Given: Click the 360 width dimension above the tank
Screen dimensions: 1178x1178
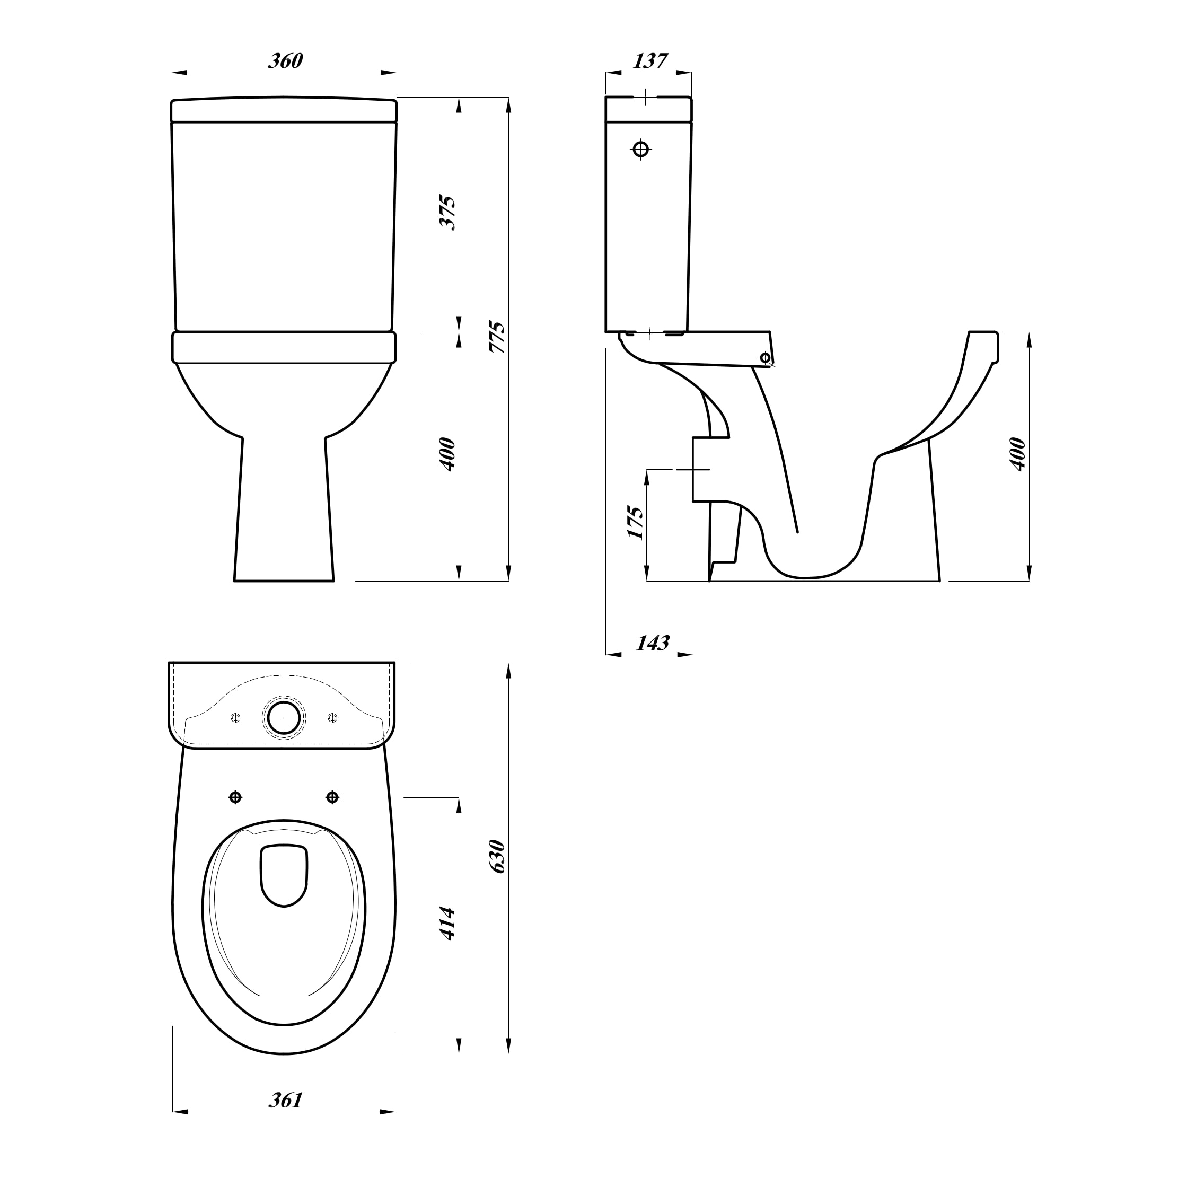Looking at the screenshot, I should tap(285, 61).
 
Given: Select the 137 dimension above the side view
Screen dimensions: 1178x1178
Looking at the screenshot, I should tap(650, 61).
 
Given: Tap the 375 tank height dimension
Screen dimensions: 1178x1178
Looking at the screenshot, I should tap(448, 212).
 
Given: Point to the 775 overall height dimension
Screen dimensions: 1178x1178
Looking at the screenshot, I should tap(497, 337).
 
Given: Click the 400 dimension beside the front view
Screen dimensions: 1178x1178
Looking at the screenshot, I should tap(448, 454).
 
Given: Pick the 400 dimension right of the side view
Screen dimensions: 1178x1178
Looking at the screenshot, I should tap(1018, 454).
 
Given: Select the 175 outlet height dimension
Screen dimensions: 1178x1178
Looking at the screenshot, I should tap(635, 522).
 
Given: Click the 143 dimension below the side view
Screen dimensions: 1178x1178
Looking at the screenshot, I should tap(653, 643).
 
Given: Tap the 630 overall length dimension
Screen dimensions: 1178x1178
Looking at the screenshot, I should tap(497, 857).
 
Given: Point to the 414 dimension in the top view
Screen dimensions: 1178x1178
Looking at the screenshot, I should tap(448, 924).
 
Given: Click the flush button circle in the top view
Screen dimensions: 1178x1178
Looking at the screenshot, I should tap(284, 718).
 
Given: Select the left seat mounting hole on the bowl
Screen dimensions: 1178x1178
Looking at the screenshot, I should tap(235, 797).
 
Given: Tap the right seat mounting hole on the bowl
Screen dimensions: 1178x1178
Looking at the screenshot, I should tap(332, 797).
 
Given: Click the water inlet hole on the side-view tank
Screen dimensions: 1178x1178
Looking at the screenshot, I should tap(641, 149).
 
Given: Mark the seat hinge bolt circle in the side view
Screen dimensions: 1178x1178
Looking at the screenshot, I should tap(765, 358).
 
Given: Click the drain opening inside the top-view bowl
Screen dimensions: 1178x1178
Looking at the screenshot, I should tap(284, 874).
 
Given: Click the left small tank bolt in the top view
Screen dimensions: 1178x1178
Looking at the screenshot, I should tap(236, 718).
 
